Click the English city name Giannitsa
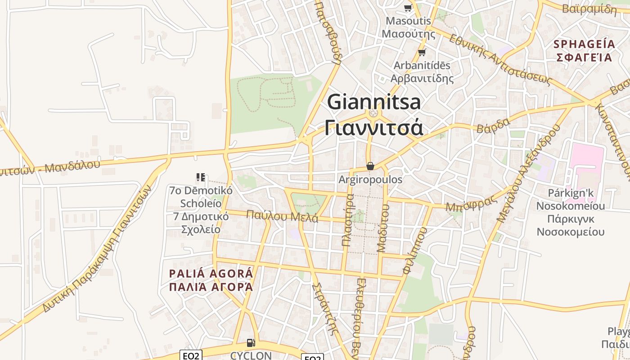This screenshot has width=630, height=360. (374, 102)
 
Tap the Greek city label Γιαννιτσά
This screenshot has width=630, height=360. (374, 127)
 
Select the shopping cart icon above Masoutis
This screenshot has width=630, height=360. (408, 8)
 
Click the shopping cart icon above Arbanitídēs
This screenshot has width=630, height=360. (422, 52)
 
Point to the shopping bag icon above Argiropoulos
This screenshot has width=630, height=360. (370, 166)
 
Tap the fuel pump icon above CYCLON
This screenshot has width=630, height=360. (251, 343)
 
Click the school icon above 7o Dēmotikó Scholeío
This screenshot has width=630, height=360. (201, 177)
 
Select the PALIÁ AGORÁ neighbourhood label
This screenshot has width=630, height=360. (211, 274)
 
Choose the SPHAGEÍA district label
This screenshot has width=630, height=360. (584, 44)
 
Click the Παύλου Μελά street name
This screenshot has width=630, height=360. (282, 216)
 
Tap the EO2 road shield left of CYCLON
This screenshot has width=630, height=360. (191, 355)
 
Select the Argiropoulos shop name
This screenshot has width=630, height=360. (370, 180)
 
